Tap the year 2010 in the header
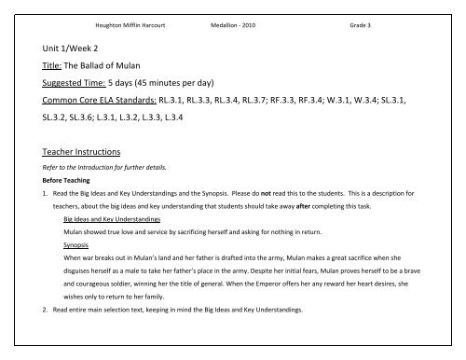click(246, 26)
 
